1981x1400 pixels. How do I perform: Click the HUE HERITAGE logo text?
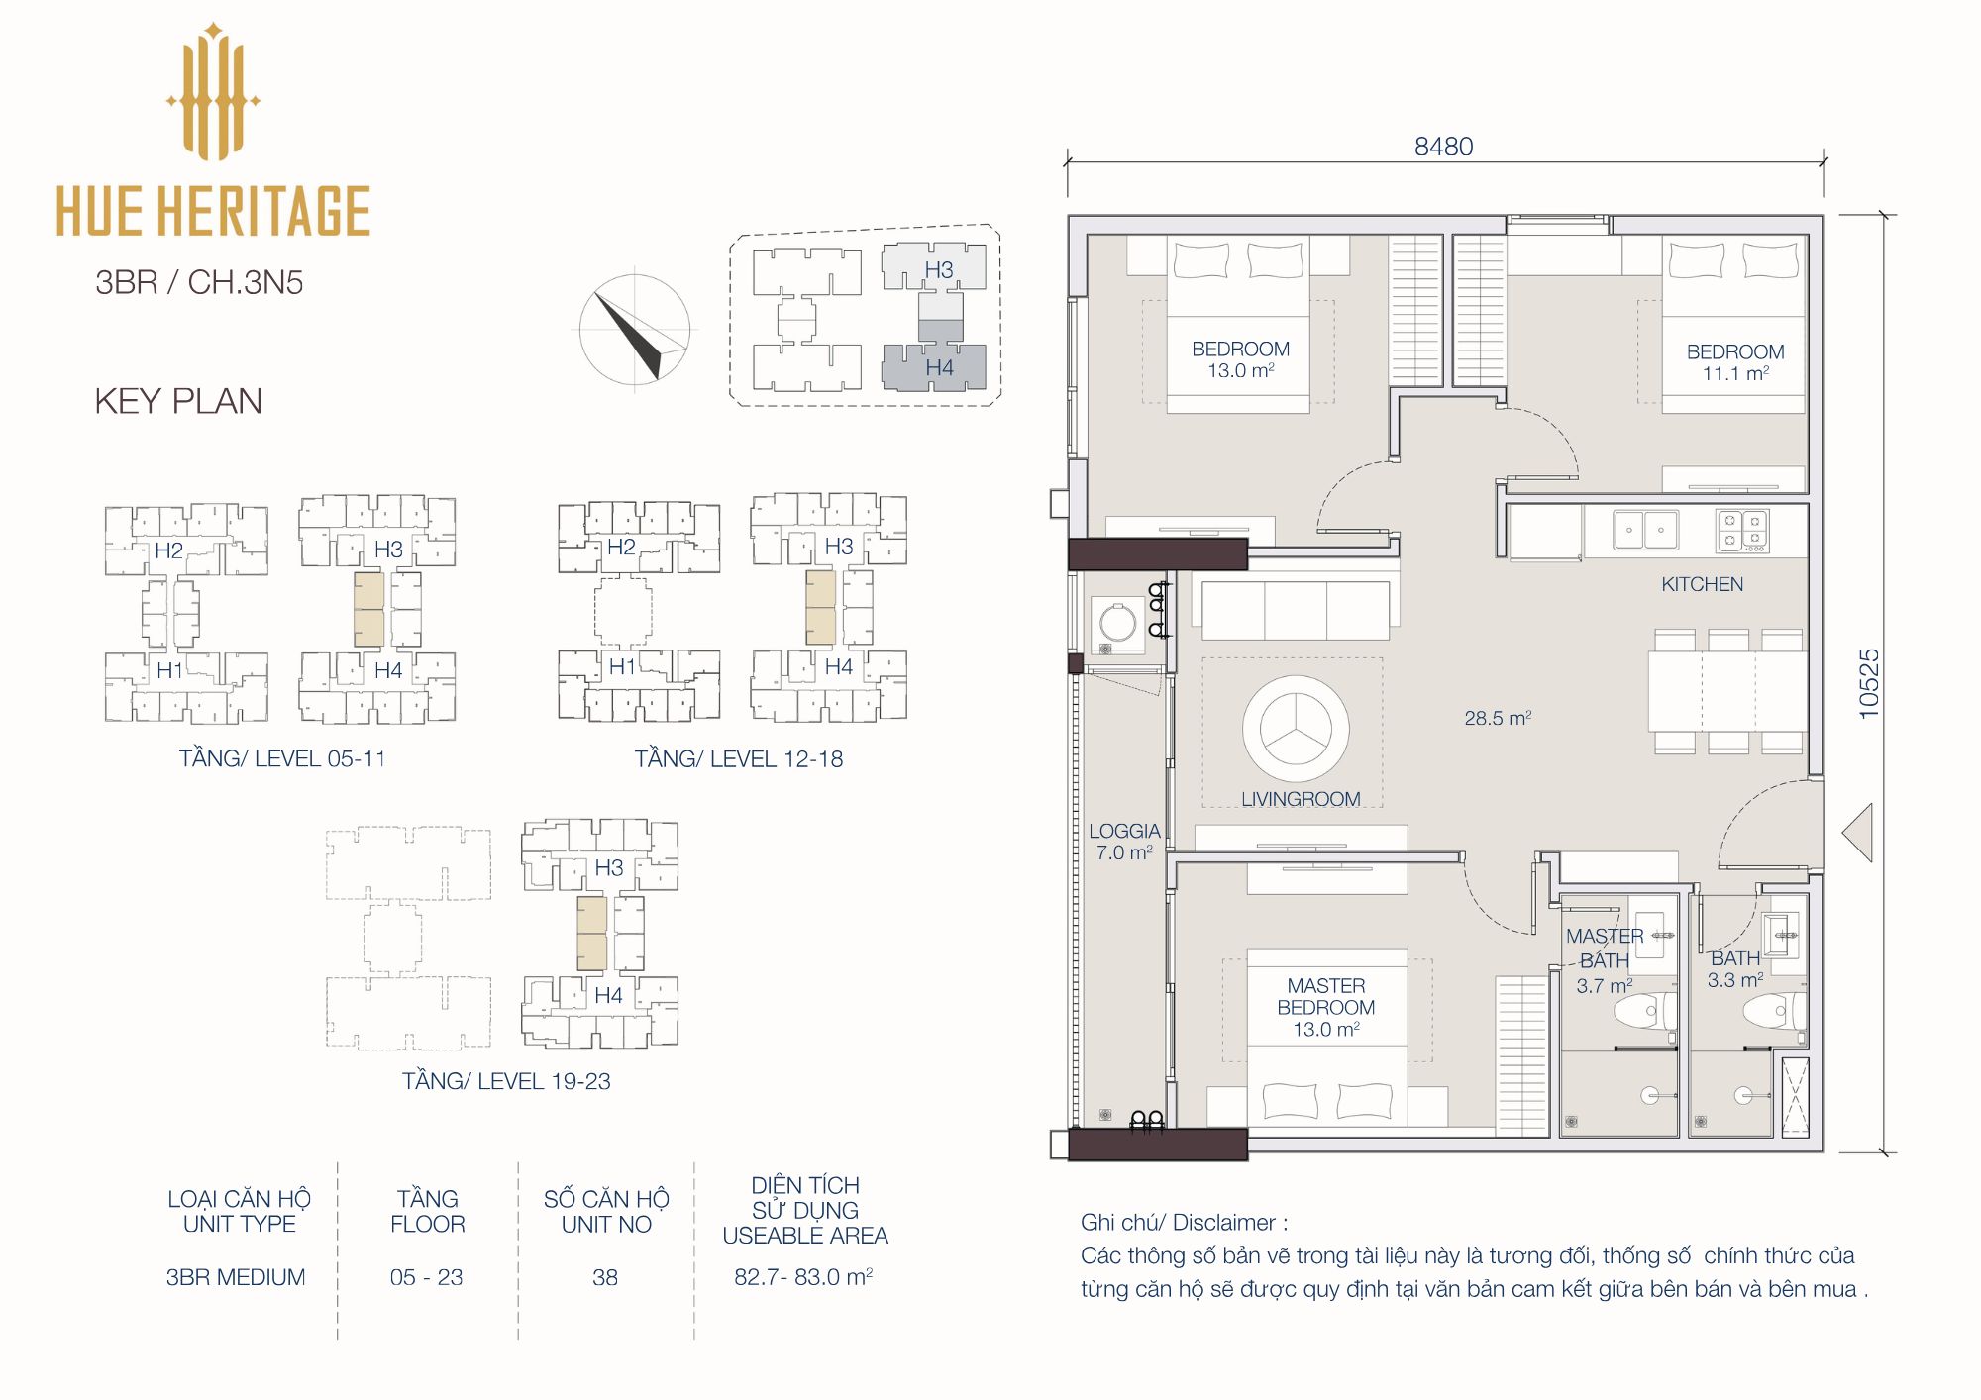coord(213,210)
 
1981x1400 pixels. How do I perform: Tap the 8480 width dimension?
coord(1443,147)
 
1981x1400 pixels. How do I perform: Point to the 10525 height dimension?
coord(1868,683)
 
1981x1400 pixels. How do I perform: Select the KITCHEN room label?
coord(1702,584)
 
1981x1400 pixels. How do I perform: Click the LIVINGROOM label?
coord(1301,799)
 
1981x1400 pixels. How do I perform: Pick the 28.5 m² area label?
coord(1498,718)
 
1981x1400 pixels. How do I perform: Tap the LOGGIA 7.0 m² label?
coord(1124,842)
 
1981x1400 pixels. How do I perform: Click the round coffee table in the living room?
coord(1296,729)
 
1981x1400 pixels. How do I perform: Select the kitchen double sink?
coord(1645,530)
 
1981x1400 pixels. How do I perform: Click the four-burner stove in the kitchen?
coord(1742,532)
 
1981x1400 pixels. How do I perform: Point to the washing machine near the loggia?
coord(1118,625)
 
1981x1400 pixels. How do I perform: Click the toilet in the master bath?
coord(1644,1012)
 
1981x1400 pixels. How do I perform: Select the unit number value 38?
coord(605,1277)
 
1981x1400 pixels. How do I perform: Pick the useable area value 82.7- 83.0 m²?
coord(803,1277)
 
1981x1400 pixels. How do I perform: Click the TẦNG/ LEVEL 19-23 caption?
coord(506,1081)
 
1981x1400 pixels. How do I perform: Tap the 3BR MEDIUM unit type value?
coord(236,1277)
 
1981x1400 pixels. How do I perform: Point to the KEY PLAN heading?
coord(178,401)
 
